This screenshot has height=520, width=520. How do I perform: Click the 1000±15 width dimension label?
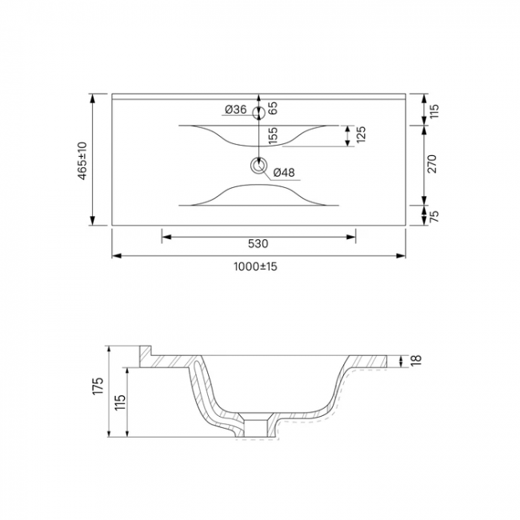(x=255, y=266)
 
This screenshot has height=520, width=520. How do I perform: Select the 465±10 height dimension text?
(x=82, y=161)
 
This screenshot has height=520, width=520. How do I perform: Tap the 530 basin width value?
(x=258, y=244)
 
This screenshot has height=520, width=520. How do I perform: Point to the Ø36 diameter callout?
(x=235, y=109)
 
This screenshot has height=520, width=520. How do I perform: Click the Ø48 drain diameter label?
(x=284, y=173)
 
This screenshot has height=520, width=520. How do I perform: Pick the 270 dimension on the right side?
(x=433, y=163)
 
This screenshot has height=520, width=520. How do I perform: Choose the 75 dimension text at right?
(x=434, y=216)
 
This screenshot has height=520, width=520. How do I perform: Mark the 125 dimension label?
(x=361, y=134)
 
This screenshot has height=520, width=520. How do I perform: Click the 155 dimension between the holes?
(x=274, y=136)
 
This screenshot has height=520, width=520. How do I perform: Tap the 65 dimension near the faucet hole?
(x=273, y=108)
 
